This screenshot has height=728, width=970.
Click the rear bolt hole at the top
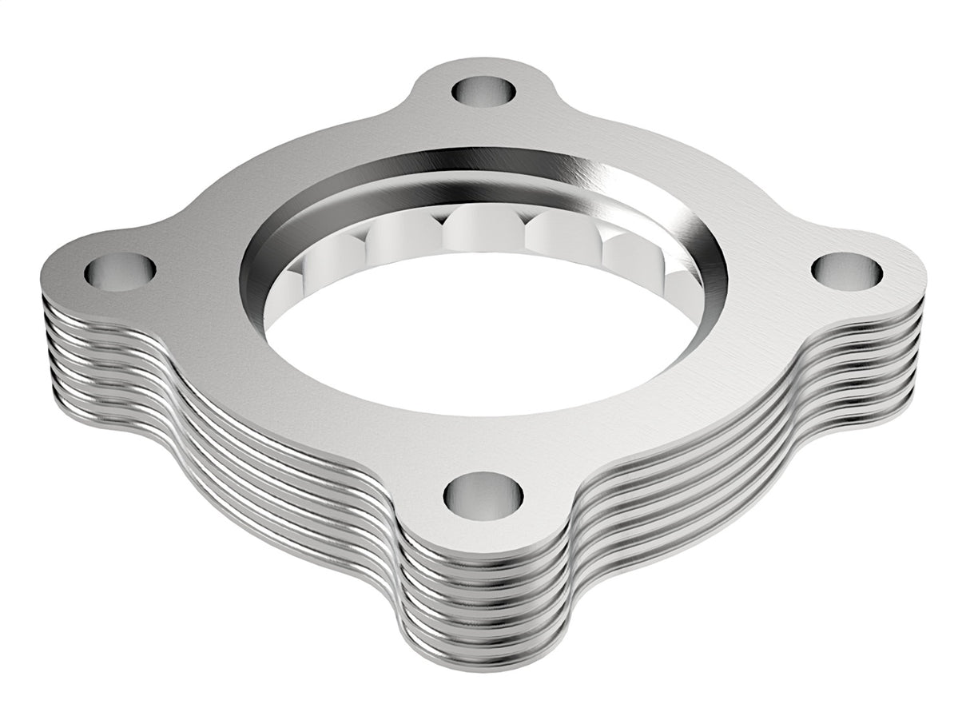[x=483, y=90]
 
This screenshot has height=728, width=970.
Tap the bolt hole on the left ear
[x=120, y=272]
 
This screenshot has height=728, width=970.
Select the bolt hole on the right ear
[x=847, y=271]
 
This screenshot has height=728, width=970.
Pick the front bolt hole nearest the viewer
[x=483, y=494]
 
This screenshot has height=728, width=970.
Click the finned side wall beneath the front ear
[x=487, y=607]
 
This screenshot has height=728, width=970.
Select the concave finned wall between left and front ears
[x=264, y=479]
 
